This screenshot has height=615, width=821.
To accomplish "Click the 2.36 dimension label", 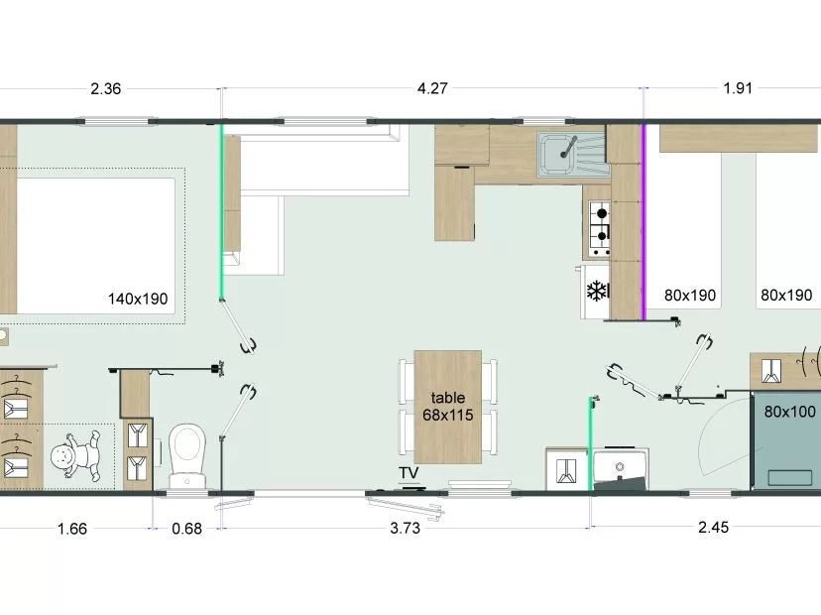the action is [106, 89].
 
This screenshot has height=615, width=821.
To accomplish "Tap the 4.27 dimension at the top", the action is [432, 88].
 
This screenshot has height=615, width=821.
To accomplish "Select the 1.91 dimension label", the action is [738, 88].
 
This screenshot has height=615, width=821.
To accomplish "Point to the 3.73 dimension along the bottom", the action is [405, 528].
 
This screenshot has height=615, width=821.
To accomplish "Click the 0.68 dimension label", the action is [187, 529].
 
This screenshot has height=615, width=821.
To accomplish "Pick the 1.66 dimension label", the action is [71, 529].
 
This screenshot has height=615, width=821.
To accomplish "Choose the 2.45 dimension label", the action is [713, 527].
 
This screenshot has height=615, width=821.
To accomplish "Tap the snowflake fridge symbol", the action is [597, 292].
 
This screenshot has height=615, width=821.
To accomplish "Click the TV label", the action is [409, 473].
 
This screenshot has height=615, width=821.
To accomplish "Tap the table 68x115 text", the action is [447, 407].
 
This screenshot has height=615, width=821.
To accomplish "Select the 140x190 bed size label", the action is [138, 300].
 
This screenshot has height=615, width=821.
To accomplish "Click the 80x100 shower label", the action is [789, 412].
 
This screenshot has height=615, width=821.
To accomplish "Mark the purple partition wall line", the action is [645, 221].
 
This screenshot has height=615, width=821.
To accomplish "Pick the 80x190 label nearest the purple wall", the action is [689, 296].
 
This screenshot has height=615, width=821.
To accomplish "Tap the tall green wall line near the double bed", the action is [222, 211].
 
